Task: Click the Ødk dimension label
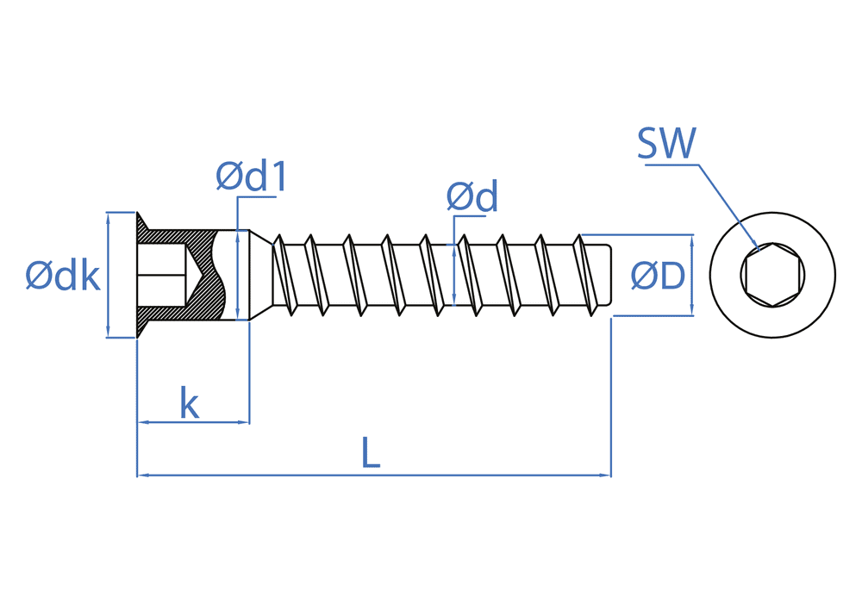click(63, 276)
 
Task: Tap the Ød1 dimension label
click(250, 177)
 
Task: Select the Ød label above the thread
click(472, 198)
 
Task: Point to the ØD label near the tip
click(657, 276)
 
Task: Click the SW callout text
click(665, 144)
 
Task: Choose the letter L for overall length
click(370, 453)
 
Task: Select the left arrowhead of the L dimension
click(142, 475)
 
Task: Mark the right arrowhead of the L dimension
click(606, 475)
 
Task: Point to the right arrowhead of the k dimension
click(244, 422)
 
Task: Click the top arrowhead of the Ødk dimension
click(108, 219)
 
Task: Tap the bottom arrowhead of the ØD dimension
click(692, 310)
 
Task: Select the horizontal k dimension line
click(194, 422)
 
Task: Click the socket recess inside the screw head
click(164, 275)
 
